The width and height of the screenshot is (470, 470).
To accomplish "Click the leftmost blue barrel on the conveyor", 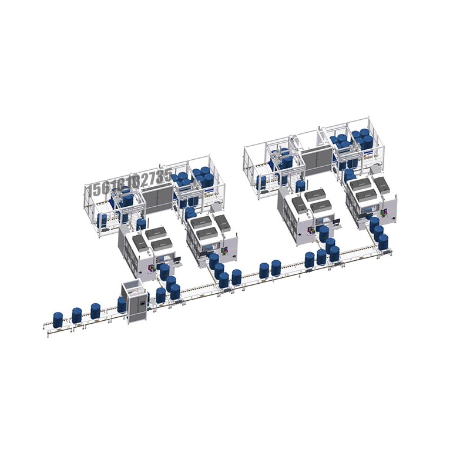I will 58,320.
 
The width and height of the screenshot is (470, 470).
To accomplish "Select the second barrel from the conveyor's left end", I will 76,315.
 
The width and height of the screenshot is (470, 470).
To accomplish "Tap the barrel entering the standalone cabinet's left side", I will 122,304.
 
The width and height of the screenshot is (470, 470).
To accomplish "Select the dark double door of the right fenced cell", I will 315,159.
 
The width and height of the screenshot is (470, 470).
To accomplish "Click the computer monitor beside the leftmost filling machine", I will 176,258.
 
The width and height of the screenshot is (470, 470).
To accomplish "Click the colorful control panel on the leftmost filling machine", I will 150,268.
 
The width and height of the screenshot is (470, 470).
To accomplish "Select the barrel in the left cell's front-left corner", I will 103,220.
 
